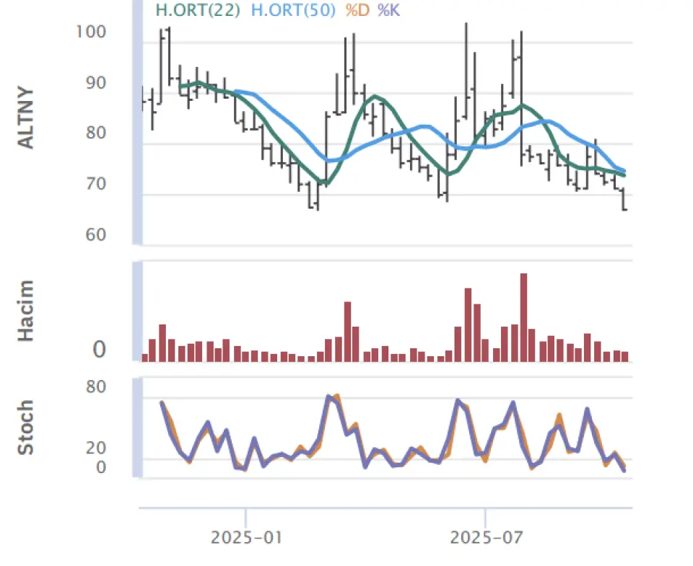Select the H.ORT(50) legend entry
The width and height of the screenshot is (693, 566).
292,11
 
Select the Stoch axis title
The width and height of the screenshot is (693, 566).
26,428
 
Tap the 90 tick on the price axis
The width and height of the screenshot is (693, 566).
95,83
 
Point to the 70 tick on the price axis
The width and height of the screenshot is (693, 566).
95,184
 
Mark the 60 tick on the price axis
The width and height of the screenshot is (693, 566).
95,235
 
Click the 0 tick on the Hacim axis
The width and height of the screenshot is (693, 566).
99,350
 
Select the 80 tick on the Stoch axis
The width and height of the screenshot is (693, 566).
96,386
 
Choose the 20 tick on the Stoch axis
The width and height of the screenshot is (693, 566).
96,448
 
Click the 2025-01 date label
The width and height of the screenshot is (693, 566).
246,538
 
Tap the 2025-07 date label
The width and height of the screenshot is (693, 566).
485,538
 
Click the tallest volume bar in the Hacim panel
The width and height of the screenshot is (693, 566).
523,317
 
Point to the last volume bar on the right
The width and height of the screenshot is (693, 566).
624,355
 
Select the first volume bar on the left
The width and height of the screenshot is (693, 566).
145,357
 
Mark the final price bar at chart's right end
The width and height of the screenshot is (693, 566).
624,200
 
